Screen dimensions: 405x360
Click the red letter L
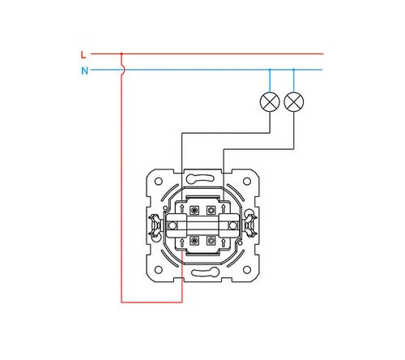tap(83, 55)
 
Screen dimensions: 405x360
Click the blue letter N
tap(85, 71)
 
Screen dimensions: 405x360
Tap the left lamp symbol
tap(270, 101)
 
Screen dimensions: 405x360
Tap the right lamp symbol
tap(294, 101)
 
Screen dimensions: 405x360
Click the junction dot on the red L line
tap(122, 54)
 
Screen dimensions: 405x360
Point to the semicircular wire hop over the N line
tap(124, 70)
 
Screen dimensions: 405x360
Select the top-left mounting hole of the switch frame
tap(159, 181)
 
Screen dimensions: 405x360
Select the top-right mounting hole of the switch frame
tap(247, 181)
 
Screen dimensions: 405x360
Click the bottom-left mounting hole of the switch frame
tap(159, 269)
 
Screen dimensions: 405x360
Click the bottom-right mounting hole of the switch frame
tap(247, 269)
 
